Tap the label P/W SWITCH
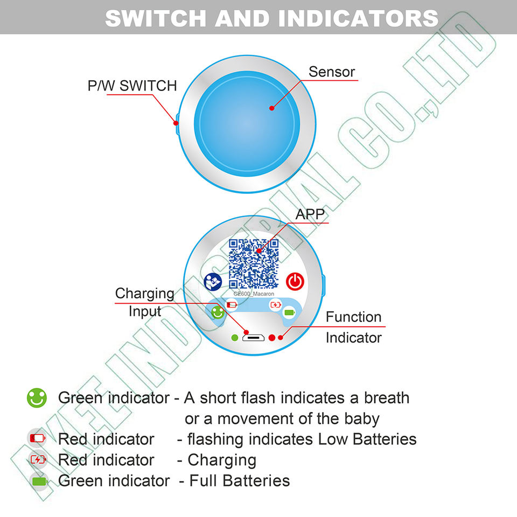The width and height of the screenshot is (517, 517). point(132,86)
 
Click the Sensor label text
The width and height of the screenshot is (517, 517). point(332,72)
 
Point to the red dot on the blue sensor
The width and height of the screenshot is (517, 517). point(272,108)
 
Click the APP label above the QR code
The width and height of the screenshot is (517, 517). point(310,214)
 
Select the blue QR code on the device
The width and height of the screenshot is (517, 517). point(254,263)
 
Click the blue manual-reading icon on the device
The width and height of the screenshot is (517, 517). point(213,282)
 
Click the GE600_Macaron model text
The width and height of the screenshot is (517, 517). point(254,294)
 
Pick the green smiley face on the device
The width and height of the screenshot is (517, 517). point(217,312)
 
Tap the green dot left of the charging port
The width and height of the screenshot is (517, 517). point(234,337)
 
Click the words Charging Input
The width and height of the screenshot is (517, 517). point(144,302)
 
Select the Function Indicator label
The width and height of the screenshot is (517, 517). point(353,327)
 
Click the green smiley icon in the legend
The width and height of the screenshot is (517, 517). point(37,399)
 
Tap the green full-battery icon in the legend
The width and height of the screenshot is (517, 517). point(39,481)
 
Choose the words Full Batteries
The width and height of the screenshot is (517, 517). point(239,480)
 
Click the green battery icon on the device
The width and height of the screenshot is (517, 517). point(290,312)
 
